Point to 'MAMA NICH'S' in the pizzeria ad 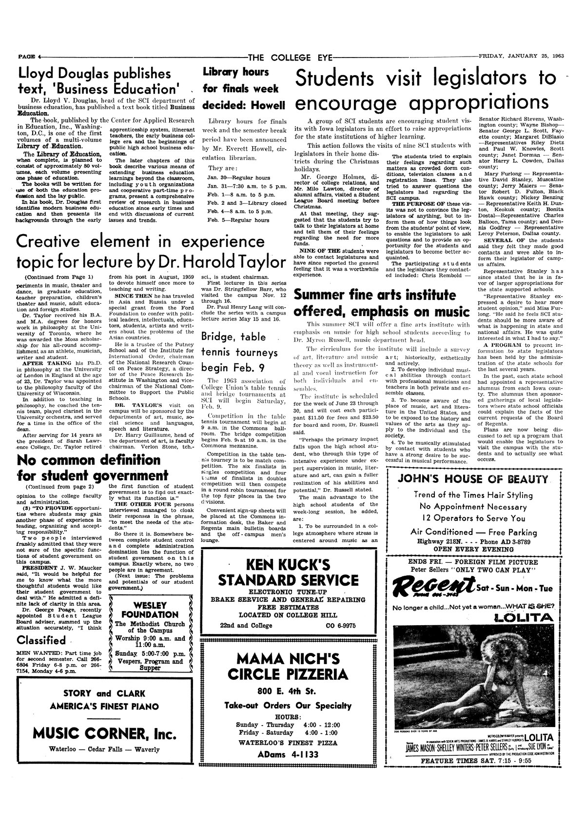tap(288, 659)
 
